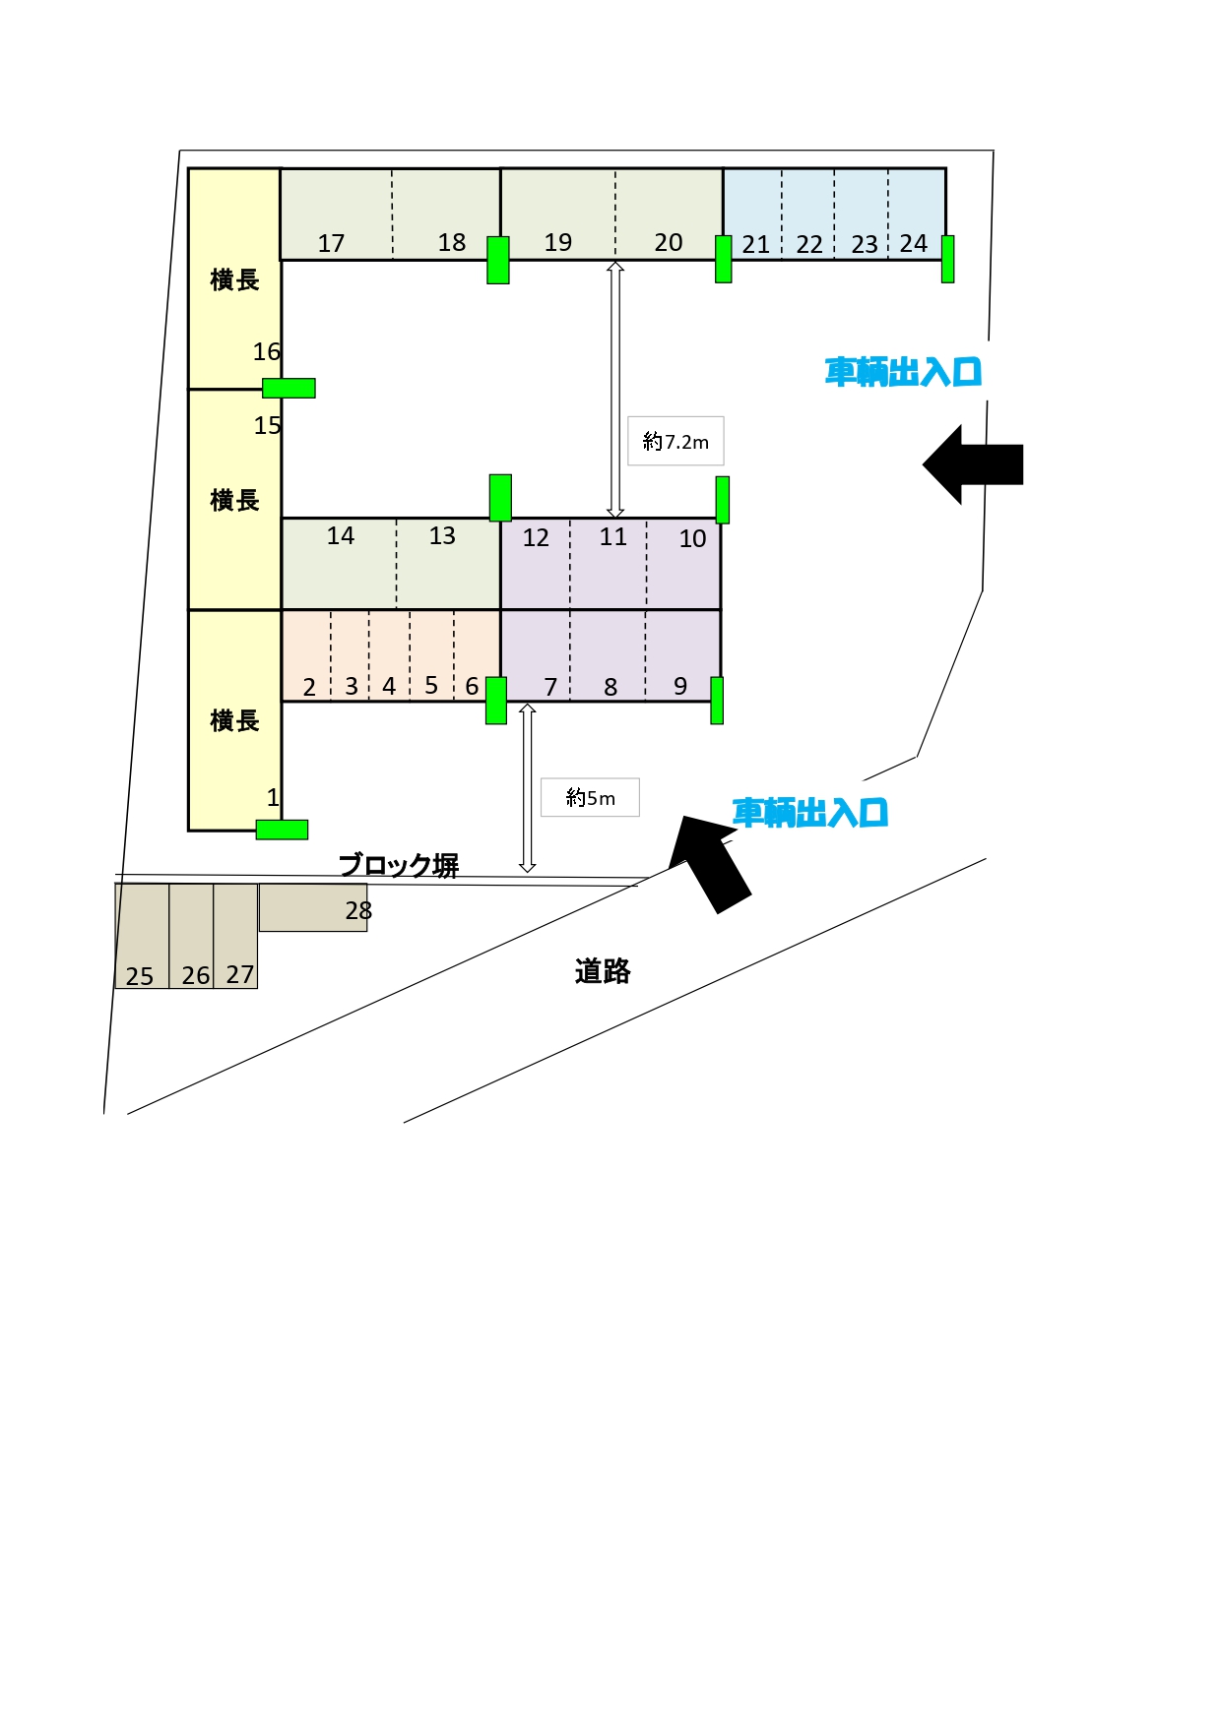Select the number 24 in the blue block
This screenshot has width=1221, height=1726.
913,243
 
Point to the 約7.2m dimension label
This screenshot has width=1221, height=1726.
675,442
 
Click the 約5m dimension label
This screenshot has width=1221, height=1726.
590,797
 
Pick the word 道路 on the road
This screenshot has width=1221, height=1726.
602,971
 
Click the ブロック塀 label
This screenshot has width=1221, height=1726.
399,865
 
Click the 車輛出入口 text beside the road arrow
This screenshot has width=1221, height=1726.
810,813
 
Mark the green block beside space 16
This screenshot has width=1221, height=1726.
289,388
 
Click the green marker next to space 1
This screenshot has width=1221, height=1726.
282,830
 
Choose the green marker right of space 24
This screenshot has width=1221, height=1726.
947,259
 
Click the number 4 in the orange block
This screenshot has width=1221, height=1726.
389,686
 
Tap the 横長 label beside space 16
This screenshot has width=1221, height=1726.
234,280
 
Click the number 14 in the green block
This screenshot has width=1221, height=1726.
340,535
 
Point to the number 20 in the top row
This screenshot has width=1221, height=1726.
668,242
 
